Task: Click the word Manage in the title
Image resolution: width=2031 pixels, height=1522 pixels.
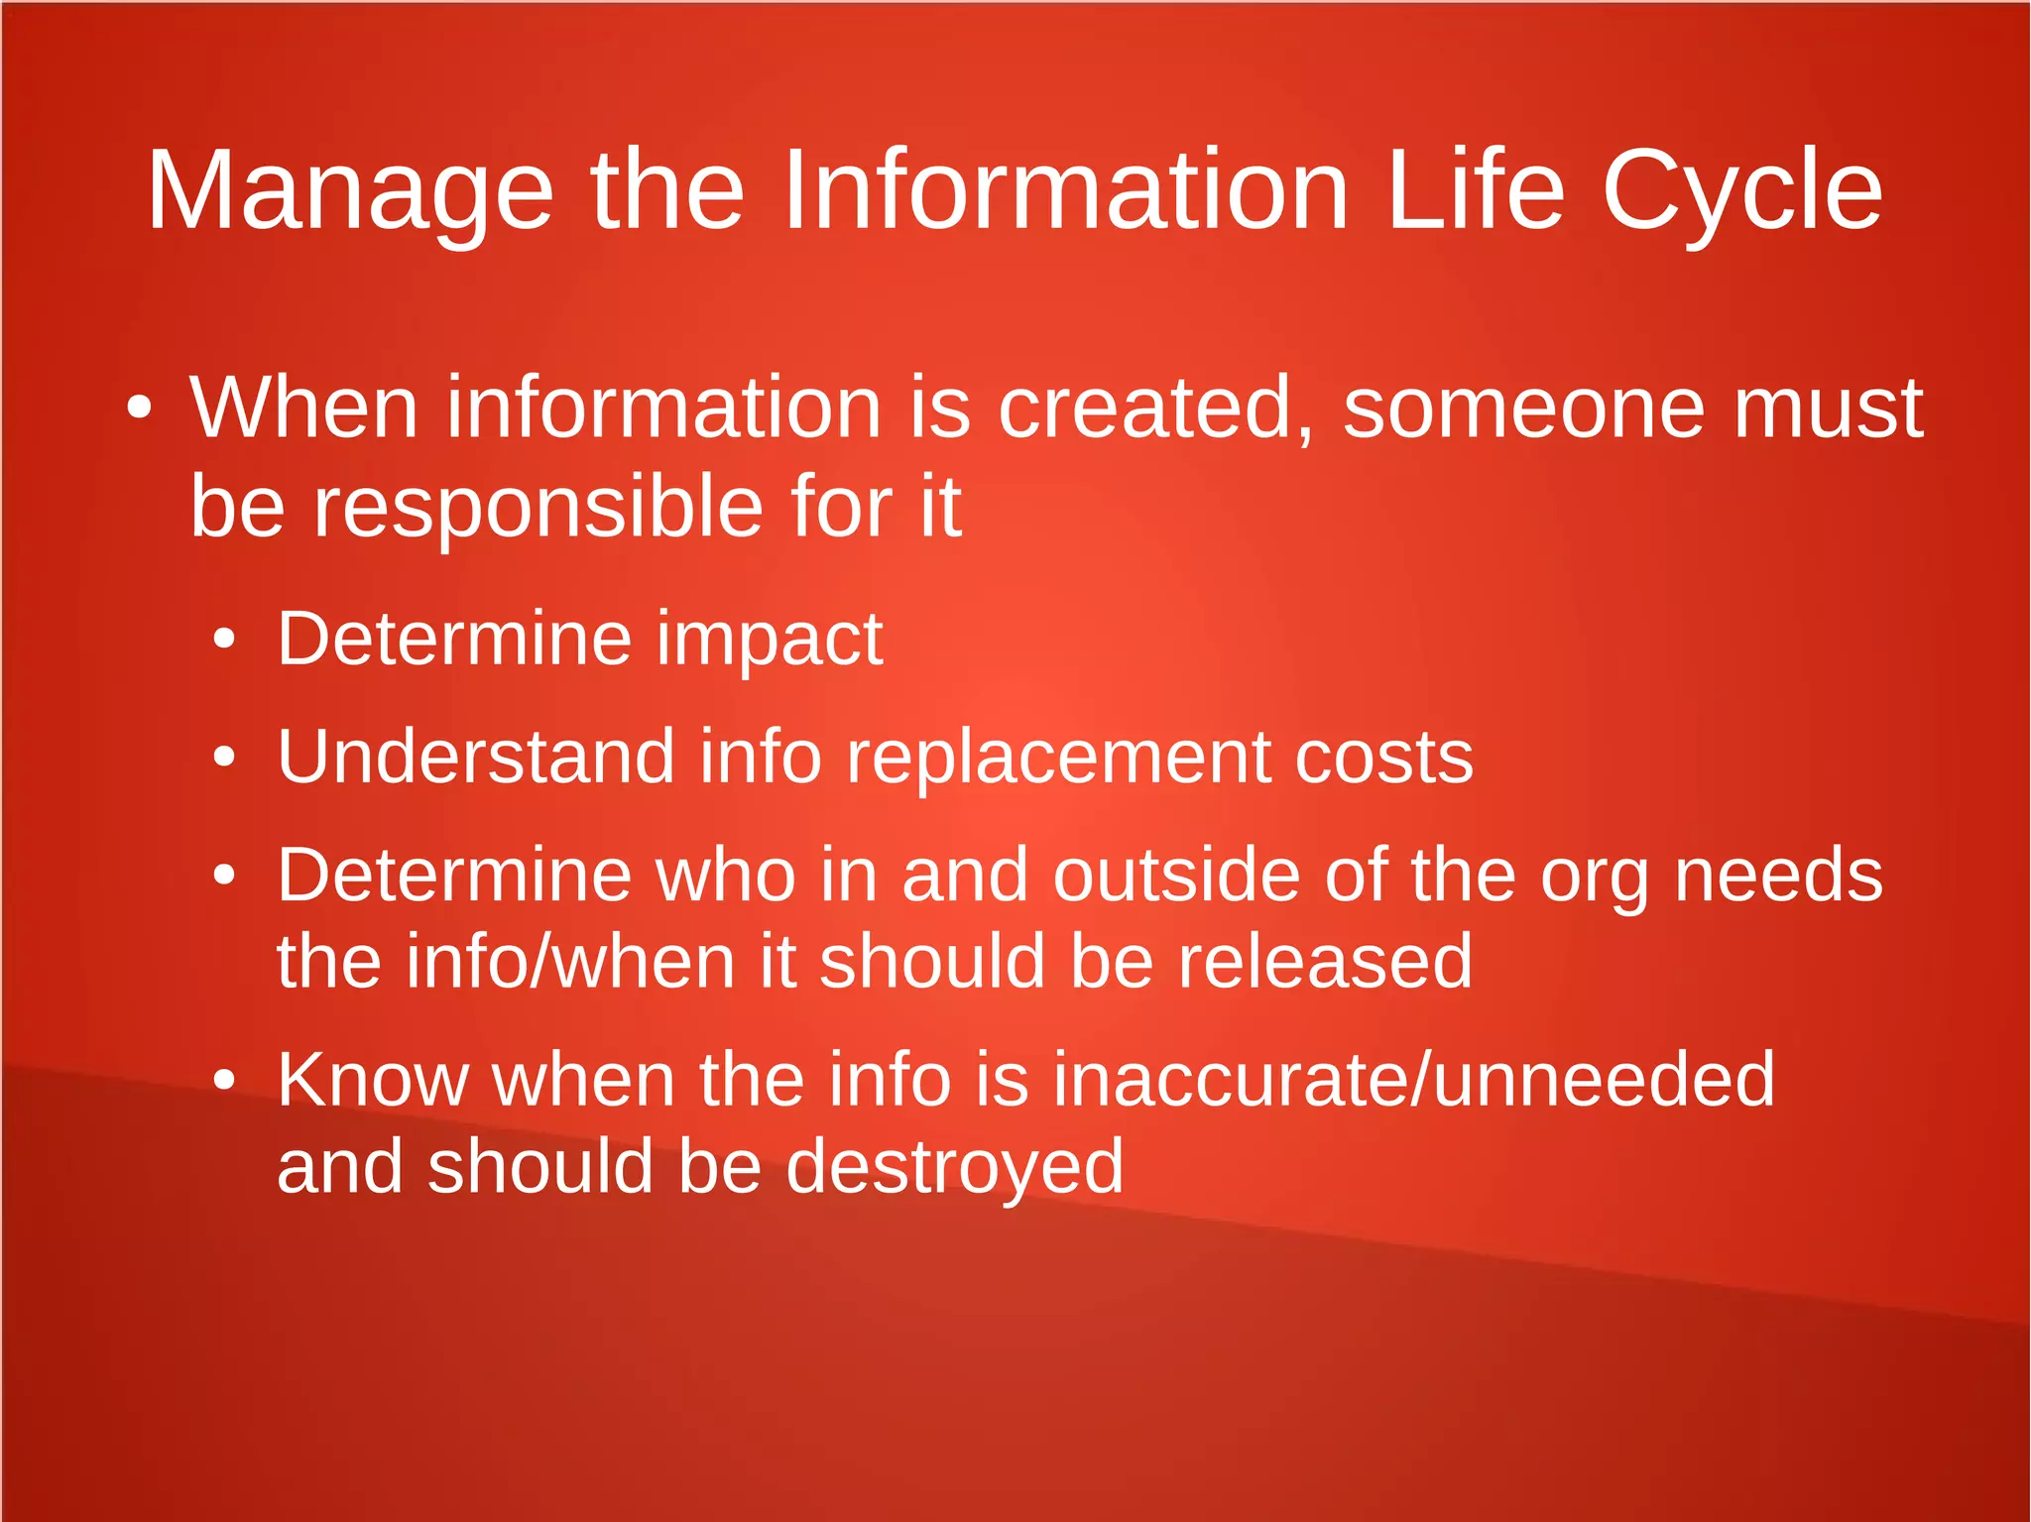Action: [349, 191]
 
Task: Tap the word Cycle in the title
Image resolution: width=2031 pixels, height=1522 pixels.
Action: [1741, 191]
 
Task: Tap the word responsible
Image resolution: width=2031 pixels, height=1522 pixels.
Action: [538, 508]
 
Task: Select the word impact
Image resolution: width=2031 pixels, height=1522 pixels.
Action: [770, 641]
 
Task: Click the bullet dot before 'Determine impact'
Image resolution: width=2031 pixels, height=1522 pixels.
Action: [225, 640]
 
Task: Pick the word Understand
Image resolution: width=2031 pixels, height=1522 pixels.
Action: [476, 757]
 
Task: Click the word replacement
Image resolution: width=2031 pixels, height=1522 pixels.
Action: [1058, 759]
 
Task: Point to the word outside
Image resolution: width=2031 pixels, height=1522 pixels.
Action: [1176, 876]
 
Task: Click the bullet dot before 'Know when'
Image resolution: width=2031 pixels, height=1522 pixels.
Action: [225, 1080]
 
